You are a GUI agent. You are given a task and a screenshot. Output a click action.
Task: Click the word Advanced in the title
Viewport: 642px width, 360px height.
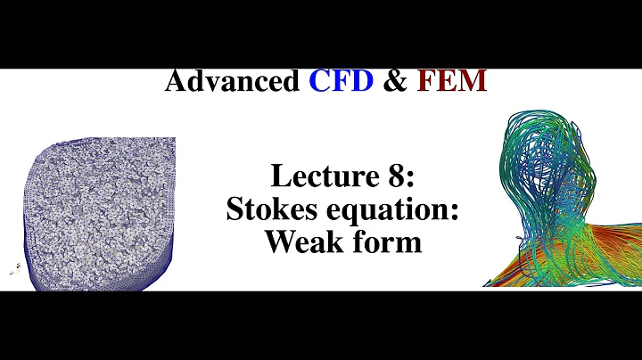(x=233, y=82)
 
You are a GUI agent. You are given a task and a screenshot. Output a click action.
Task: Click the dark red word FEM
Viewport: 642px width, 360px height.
(x=451, y=82)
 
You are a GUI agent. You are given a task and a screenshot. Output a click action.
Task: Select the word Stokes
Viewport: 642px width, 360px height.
(x=268, y=209)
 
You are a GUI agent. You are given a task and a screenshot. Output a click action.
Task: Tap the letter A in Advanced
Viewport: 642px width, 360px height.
(x=176, y=82)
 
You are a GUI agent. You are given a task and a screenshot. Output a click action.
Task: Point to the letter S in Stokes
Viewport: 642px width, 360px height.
(x=234, y=209)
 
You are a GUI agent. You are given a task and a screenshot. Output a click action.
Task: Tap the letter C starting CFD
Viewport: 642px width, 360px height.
(x=321, y=82)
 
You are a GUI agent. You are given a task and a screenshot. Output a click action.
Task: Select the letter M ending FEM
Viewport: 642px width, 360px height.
(x=473, y=82)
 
